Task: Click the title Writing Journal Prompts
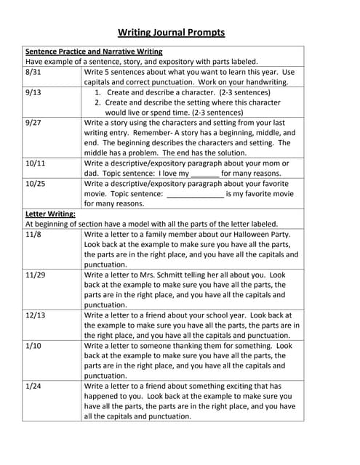pos(172,32)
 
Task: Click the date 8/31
pos(33,73)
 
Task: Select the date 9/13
pos(33,93)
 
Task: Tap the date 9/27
pos(33,123)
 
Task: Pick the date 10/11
pos(35,163)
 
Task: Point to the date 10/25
pos(35,184)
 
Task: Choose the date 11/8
pos(33,235)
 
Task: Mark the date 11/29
pos(35,275)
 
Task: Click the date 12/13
pos(35,316)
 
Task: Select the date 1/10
pos(33,347)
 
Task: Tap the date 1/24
pos(33,387)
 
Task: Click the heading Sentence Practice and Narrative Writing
pos(94,52)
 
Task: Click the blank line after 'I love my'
pos(205,174)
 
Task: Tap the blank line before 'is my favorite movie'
pos(195,195)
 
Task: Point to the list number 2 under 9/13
pos(97,103)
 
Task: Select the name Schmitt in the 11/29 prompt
pos(168,275)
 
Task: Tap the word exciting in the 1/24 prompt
pos(233,387)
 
